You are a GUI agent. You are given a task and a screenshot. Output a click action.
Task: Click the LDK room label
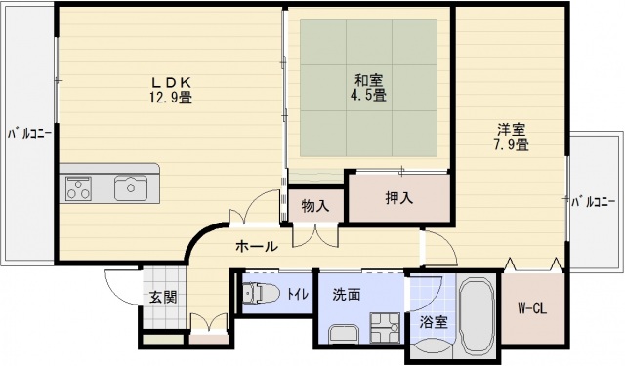tap(170, 82)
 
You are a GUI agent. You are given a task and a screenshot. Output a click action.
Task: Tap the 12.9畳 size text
tap(170, 97)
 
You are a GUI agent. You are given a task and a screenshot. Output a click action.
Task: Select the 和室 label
tap(368, 80)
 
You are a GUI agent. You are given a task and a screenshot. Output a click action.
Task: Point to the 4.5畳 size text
tap(368, 95)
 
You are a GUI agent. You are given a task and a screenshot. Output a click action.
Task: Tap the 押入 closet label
tap(398, 197)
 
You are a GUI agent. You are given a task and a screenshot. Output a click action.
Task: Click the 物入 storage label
tap(314, 206)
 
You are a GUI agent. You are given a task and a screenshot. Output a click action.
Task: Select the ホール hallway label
tap(257, 246)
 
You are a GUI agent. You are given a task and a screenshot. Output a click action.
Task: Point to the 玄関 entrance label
tap(162, 296)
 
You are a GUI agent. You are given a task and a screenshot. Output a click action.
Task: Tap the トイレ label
tap(295, 291)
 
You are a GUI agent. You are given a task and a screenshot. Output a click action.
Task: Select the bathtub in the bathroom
tap(479, 317)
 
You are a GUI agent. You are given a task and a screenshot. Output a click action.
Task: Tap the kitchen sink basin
tap(130, 186)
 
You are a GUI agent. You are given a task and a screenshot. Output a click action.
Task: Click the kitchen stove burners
tap(78, 187)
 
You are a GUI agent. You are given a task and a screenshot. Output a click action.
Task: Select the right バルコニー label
tap(596, 202)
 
